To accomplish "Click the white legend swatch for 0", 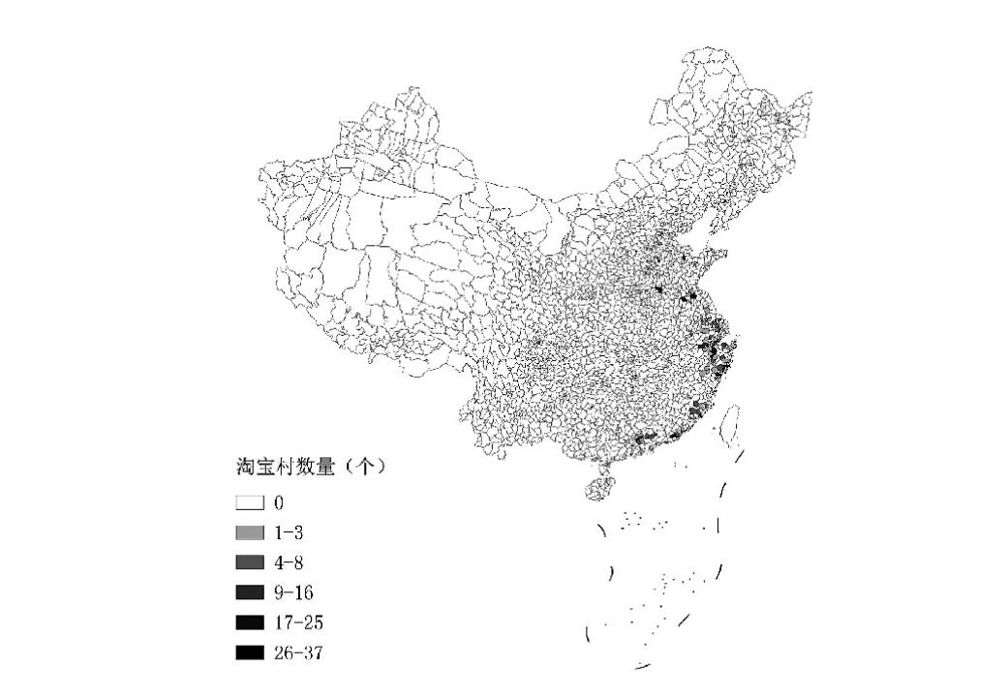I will [250, 503].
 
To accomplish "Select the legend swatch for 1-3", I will [250, 533].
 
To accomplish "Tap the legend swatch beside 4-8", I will [250, 563].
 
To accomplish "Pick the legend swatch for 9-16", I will [250, 592].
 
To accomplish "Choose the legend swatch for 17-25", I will [250, 622].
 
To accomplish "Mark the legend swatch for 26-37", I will [250, 653].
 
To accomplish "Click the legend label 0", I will [279, 503].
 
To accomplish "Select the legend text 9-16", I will [295, 592].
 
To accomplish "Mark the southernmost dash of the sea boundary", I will [643, 666].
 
